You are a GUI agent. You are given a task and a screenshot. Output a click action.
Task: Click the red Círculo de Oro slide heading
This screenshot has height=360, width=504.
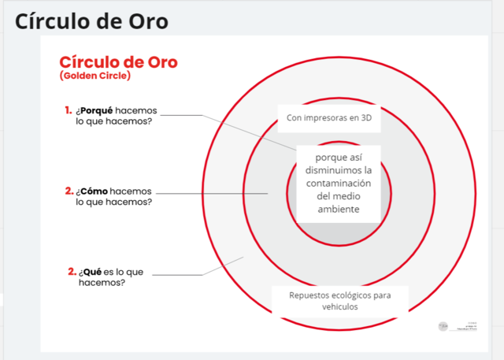(118, 62)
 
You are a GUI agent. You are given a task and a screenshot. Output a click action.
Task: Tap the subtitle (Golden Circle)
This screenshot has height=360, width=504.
(94, 76)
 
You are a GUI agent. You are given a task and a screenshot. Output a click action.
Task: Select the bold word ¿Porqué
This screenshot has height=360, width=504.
(94, 110)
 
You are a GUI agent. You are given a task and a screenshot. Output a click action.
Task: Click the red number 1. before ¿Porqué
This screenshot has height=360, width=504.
(69, 110)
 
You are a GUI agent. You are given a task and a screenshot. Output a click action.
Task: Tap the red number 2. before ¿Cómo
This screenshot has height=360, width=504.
(69, 191)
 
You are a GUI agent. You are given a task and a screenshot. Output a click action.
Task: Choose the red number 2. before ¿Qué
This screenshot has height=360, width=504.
(72, 272)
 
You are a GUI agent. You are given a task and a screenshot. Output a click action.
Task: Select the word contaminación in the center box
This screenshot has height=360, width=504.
(338, 184)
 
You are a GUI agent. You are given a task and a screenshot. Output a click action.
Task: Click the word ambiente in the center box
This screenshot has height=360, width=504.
(338, 210)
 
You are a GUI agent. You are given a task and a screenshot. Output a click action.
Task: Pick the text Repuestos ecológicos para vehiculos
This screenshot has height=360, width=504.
(340, 301)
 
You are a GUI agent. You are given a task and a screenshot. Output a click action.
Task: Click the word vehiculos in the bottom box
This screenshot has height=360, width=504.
(340, 307)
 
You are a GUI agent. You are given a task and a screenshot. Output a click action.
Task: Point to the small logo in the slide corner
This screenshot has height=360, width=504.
(443, 325)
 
